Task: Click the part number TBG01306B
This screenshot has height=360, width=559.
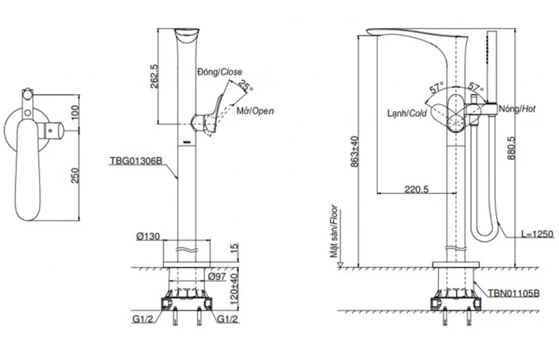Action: point(135,161)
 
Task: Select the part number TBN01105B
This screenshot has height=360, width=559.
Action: point(513,294)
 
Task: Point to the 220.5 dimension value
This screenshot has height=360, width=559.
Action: point(416,189)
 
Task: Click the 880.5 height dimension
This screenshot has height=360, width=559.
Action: point(511,148)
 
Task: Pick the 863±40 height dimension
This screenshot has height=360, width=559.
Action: point(354,151)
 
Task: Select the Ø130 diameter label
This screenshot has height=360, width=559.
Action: point(148,237)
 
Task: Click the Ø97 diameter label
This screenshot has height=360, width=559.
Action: point(217,276)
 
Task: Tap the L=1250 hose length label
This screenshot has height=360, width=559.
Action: point(537,234)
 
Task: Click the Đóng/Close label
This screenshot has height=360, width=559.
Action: point(219,72)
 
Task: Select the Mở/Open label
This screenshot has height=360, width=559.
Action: point(255,111)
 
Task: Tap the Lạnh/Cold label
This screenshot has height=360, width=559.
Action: point(407,113)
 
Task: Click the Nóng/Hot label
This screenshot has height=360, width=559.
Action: point(517,109)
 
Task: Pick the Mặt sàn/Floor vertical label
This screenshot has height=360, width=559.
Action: point(334,231)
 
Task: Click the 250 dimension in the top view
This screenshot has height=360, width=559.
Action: point(75,175)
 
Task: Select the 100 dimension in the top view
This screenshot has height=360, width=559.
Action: point(75,112)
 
